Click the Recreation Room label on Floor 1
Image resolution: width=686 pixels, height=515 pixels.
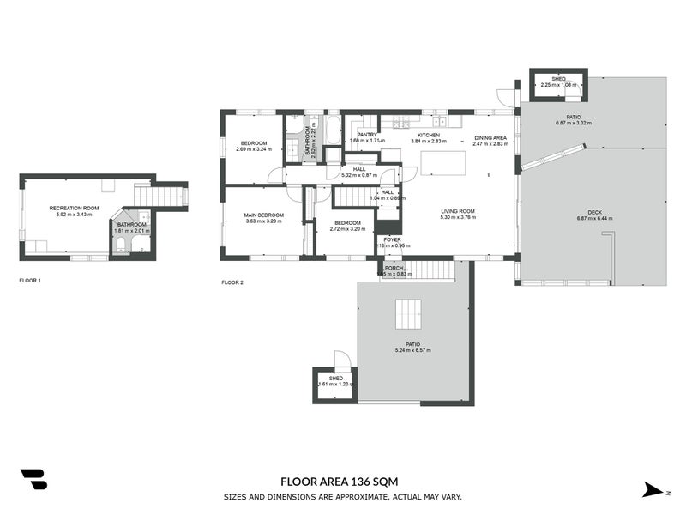click(74, 209)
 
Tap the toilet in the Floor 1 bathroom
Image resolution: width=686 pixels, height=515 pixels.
click(121, 246)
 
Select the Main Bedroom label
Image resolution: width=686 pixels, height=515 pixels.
click(264, 215)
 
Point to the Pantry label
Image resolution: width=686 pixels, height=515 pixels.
click(367, 135)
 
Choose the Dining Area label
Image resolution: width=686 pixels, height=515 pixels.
click(490, 137)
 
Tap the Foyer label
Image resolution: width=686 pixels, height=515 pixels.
click(392, 239)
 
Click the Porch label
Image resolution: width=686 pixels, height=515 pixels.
click(394, 268)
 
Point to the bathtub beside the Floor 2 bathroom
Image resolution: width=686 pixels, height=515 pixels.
click(333, 132)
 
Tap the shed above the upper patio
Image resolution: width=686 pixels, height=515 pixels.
click(558, 82)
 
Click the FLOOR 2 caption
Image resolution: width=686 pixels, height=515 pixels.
click(232, 282)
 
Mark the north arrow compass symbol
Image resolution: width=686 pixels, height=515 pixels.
click(654, 489)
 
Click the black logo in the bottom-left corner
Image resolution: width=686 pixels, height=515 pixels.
click(33, 479)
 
